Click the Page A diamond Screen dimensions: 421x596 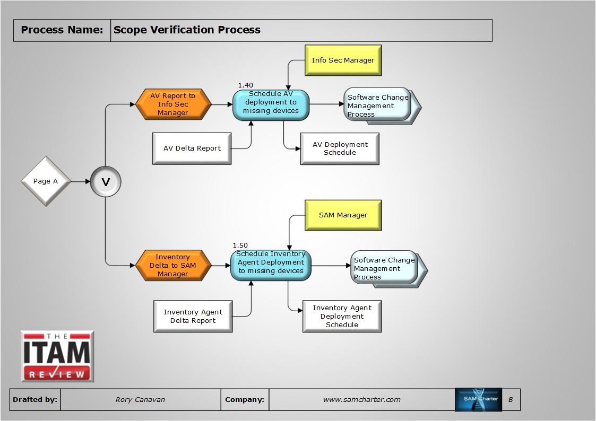[x=46, y=181]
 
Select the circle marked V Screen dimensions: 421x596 [x=106, y=182]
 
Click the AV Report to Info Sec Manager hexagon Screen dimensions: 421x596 [x=173, y=104]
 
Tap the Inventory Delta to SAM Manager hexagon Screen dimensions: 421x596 [x=173, y=266]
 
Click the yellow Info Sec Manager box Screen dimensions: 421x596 [x=343, y=60]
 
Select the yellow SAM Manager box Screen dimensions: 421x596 [x=343, y=215]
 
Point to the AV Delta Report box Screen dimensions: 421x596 [x=192, y=148]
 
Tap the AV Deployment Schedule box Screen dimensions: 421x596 [x=340, y=148]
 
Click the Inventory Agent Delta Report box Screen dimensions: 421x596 [x=193, y=317]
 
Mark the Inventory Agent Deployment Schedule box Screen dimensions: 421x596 [x=342, y=317]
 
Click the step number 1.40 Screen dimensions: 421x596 [x=245, y=85]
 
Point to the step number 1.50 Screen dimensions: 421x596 [x=240, y=245]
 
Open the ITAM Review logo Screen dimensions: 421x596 [x=57, y=356]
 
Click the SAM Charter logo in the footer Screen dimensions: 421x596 [x=478, y=400]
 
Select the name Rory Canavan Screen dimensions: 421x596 [x=140, y=400]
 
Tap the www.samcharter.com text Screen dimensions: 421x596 [x=362, y=400]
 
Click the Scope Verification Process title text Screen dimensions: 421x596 [x=187, y=30]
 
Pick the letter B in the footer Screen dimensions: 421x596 [x=511, y=400]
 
